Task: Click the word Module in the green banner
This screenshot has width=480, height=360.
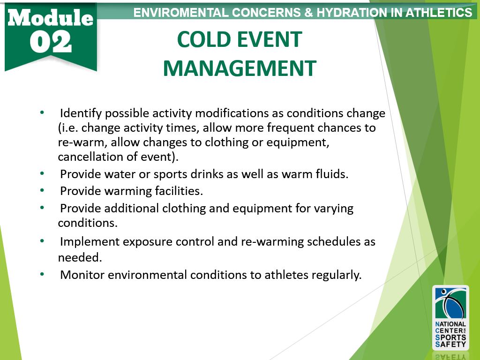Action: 51,17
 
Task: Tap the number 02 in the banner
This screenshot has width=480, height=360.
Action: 51,42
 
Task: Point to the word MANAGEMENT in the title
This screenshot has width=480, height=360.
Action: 240,68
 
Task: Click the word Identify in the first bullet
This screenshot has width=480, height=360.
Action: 81,113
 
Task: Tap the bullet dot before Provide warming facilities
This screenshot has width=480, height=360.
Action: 42,190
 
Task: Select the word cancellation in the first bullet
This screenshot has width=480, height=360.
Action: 90,157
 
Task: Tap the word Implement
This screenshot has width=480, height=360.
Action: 90,242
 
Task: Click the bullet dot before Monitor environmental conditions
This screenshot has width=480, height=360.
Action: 42,274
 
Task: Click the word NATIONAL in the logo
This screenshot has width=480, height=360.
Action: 450,324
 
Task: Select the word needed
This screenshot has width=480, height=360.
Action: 80,258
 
